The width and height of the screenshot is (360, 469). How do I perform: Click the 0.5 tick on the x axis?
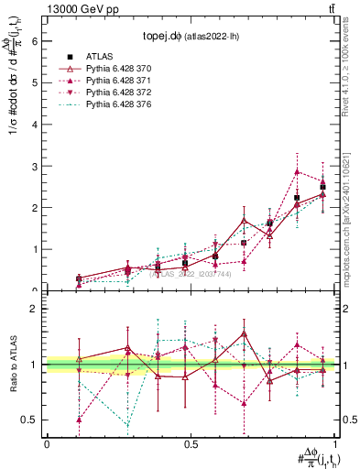[190, 444]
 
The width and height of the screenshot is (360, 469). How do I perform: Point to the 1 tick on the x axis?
[333, 444]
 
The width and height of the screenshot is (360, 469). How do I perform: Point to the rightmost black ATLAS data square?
[322, 187]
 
